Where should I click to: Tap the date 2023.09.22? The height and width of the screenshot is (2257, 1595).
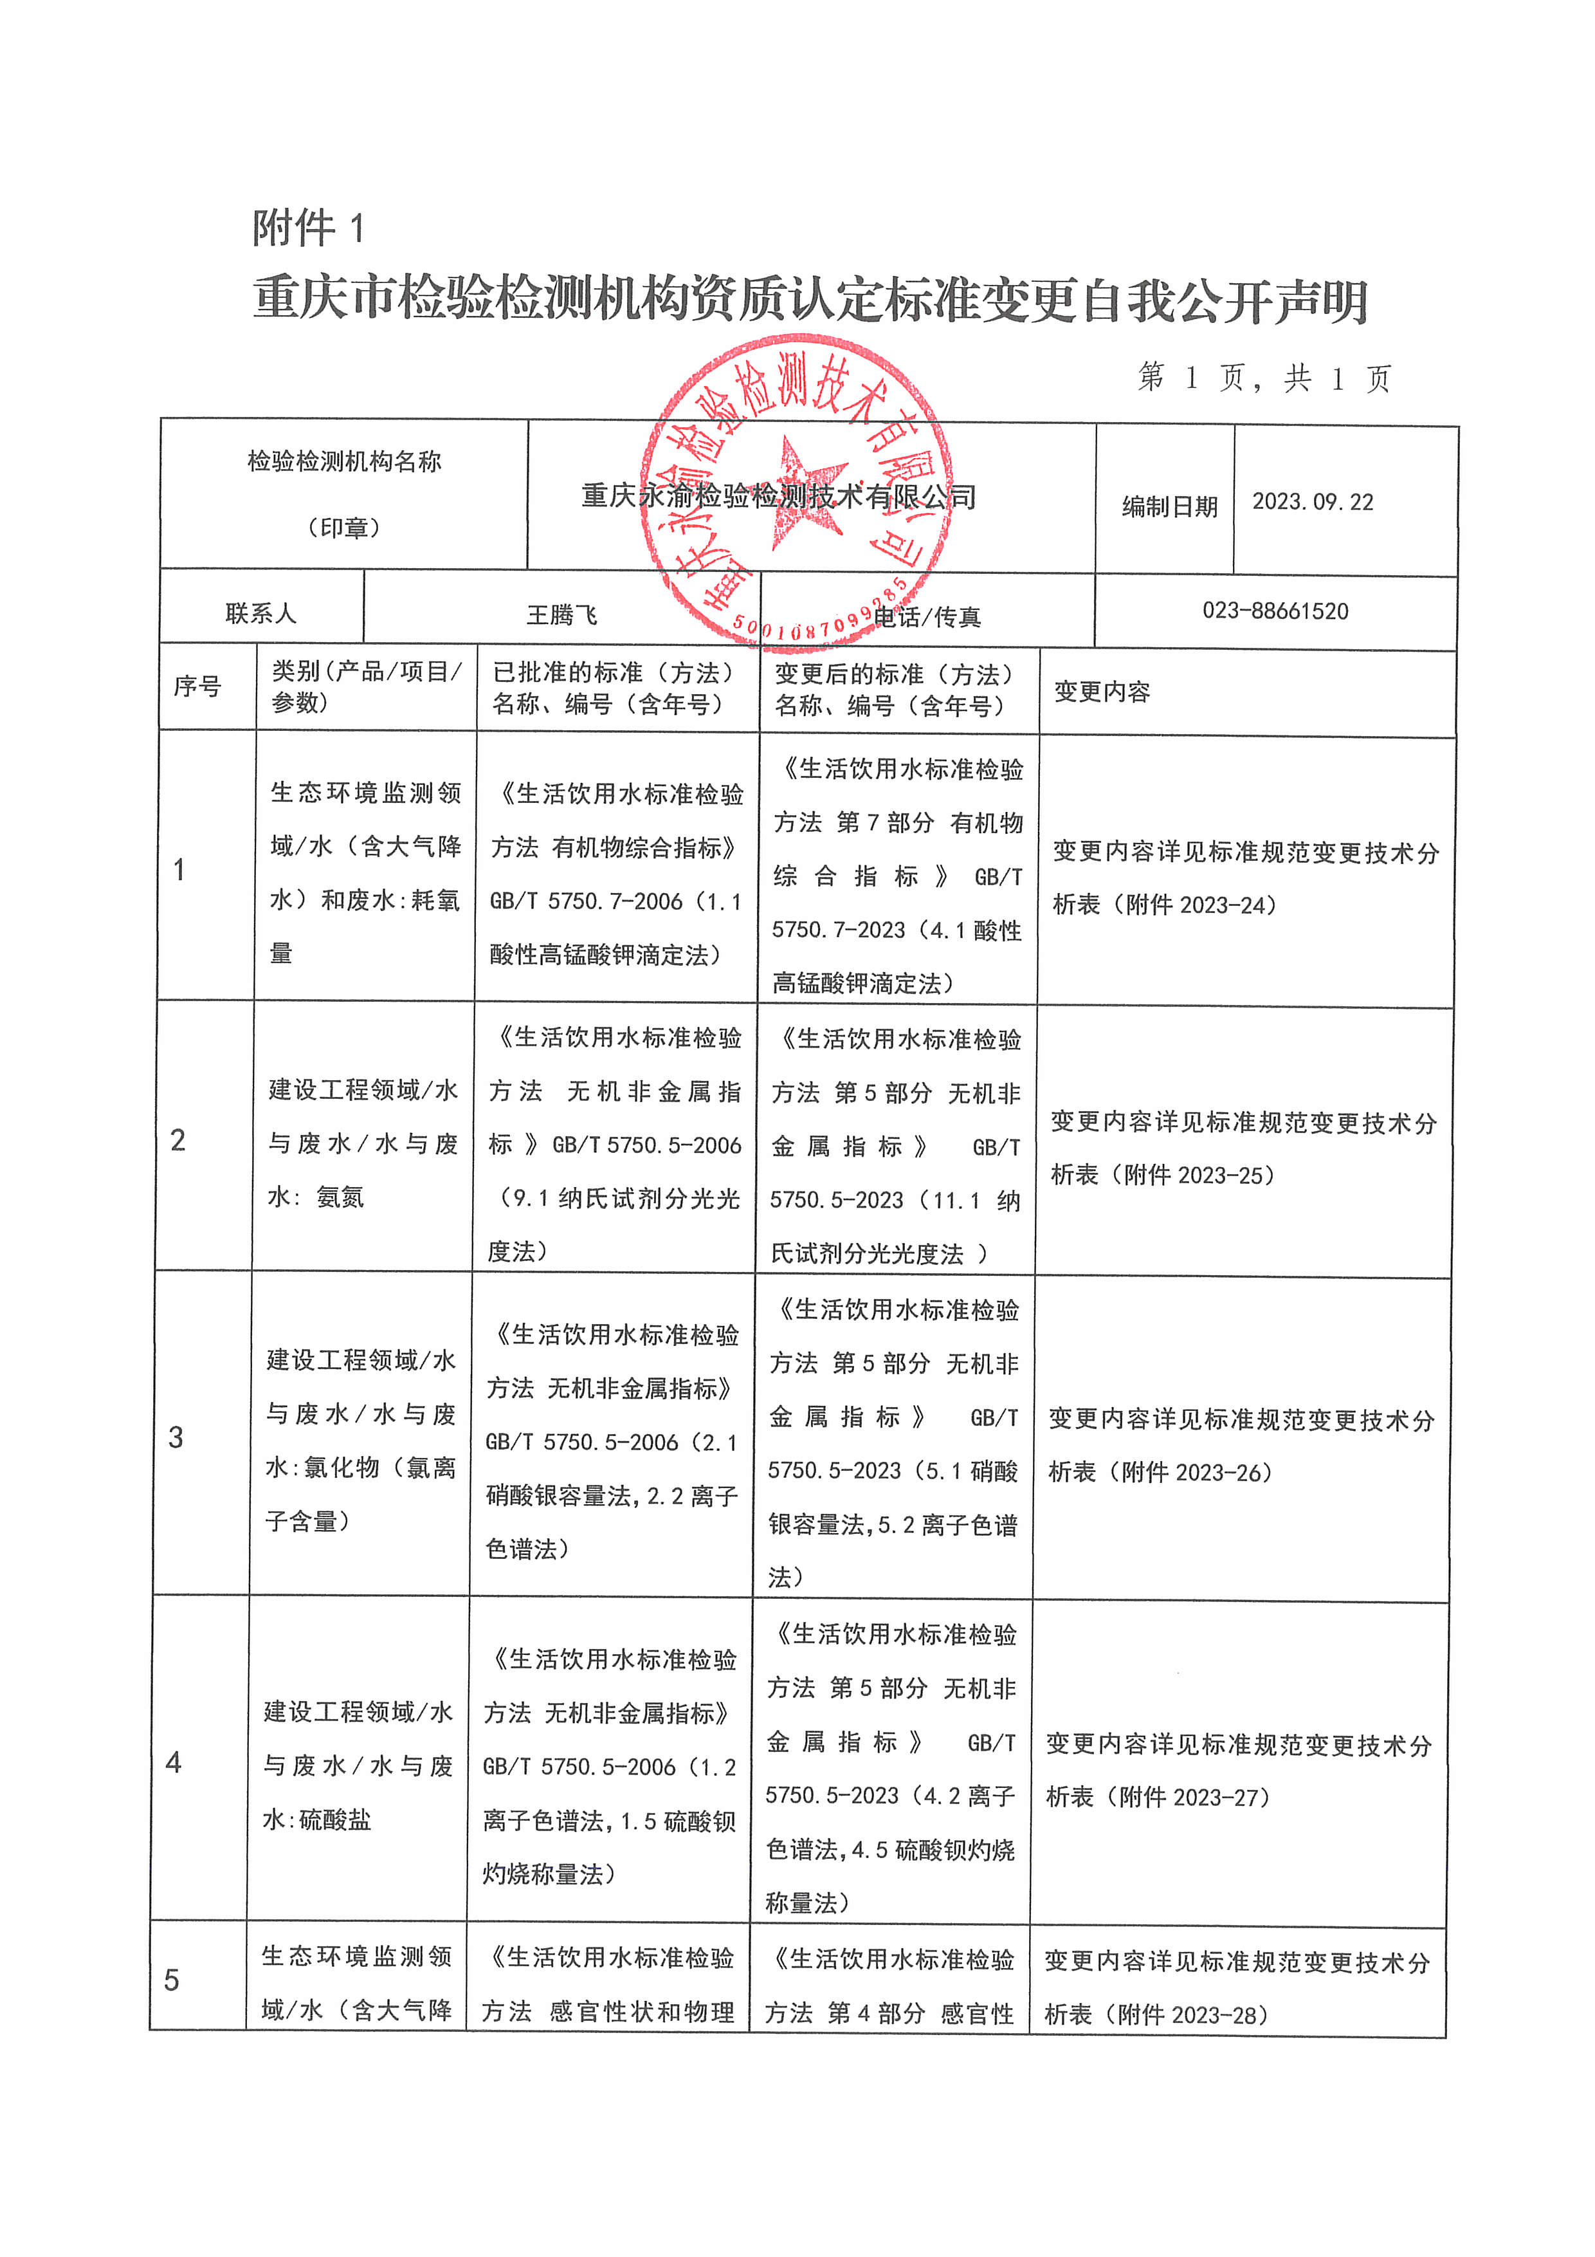(1312, 502)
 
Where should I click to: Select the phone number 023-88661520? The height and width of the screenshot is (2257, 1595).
(1275, 611)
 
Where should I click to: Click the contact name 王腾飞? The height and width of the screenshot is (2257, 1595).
(561, 615)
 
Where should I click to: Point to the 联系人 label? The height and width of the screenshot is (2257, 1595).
(260, 613)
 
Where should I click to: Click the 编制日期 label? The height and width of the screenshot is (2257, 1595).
(1169, 506)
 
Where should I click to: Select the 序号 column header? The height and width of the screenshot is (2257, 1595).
(197, 686)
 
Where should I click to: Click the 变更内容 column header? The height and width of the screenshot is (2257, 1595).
(1102, 692)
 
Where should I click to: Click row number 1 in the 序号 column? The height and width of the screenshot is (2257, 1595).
(179, 869)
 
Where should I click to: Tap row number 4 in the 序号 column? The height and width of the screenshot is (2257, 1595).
(174, 1762)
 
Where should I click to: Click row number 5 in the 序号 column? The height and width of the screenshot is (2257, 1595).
(172, 1979)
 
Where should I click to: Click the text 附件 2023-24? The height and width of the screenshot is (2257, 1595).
(1200, 905)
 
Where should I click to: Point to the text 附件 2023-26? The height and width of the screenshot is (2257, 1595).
(1196, 1473)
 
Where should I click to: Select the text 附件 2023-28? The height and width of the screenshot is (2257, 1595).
(1192, 2015)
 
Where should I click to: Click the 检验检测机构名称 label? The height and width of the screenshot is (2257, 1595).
(344, 461)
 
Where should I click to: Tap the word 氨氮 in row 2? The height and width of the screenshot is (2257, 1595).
(340, 1197)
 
